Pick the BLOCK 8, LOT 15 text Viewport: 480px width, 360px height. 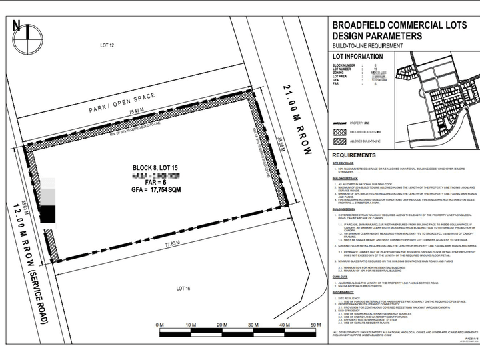tap(155, 167)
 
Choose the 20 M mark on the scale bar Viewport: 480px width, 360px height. tap(221, 325)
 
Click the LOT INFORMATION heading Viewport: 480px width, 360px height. tap(363, 57)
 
